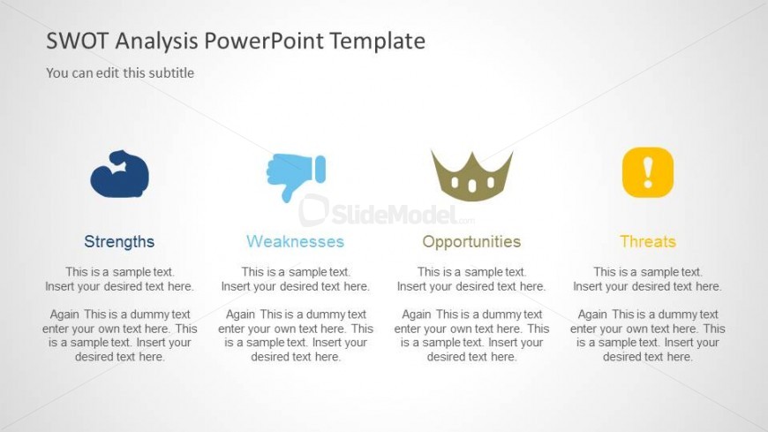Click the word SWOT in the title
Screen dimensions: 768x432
pyautogui.click(x=77, y=41)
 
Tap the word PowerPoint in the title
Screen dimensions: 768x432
pyautogui.click(x=264, y=42)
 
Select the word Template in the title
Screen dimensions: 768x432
pyautogui.click(x=377, y=42)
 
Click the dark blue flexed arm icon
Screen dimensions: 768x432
pyautogui.click(x=119, y=173)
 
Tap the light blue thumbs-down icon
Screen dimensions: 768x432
pyautogui.click(x=296, y=177)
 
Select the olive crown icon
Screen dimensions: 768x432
pyautogui.click(x=471, y=177)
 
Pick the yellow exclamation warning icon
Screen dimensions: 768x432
pyautogui.click(x=648, y=172)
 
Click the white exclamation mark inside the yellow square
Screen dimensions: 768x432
pyautogui.click(x=648, y=172)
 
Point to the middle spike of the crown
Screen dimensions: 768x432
pyautogui.click(x=472, y=158)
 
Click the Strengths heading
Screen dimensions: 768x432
pyautogui.click(x=119, y=241)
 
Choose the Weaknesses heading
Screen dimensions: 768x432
pyautogui.click(x=296, y=241)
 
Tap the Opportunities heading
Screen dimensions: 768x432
pyautogui.click(x=471, y=242)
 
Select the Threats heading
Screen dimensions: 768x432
pyautogui.click(x=648, y=241)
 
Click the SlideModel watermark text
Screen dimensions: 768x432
pyautogui.click(x=394, y=215)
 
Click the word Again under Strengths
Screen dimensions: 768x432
pyautogui.click(x=64, y=315)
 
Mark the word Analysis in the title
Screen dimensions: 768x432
pyautogui.click(x=156, y=42)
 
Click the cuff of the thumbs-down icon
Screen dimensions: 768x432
pyautogui.click(x=320, y=169)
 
